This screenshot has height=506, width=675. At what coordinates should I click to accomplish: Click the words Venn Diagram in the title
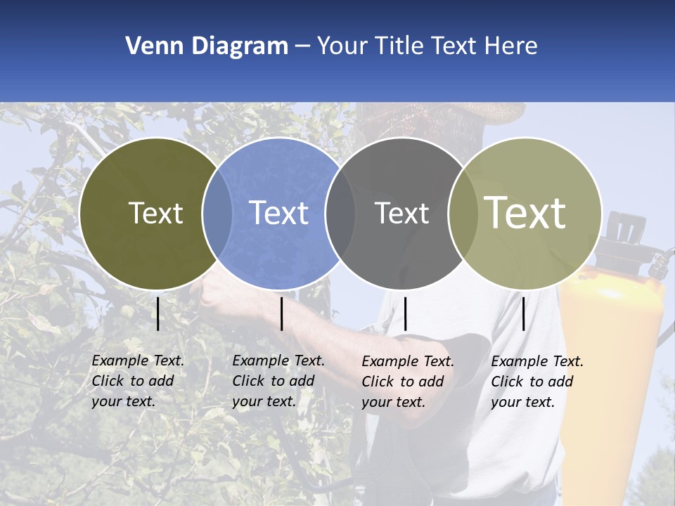(x=207, y=46)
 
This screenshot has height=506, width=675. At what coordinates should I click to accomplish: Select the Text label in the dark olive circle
(x=155, y=213)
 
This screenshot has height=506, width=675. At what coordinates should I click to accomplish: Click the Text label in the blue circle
(x=278, y=213)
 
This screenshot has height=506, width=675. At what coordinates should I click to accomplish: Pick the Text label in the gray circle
(x=401, y=213)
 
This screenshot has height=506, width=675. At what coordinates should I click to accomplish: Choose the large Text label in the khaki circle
(x=525, y=213)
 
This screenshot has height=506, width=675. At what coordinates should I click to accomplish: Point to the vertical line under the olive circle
(x=158, y=313)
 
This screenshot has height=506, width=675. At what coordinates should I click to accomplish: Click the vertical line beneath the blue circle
(x=281, y=313)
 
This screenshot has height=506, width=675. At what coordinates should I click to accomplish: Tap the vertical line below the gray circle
(x=405, y=313)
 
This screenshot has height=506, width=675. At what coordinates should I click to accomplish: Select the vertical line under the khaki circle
(x=523, y=313)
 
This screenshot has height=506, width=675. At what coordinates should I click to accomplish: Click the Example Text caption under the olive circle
(x=138, y=381)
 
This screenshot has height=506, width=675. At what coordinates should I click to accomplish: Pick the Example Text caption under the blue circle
(x=278, y=381)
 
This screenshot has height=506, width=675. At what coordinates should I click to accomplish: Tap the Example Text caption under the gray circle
(x=408, y=382)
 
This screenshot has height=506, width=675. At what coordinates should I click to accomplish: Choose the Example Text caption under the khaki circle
(x=537, y=382)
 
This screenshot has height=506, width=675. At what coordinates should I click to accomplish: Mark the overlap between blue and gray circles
(x=340, y=213)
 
